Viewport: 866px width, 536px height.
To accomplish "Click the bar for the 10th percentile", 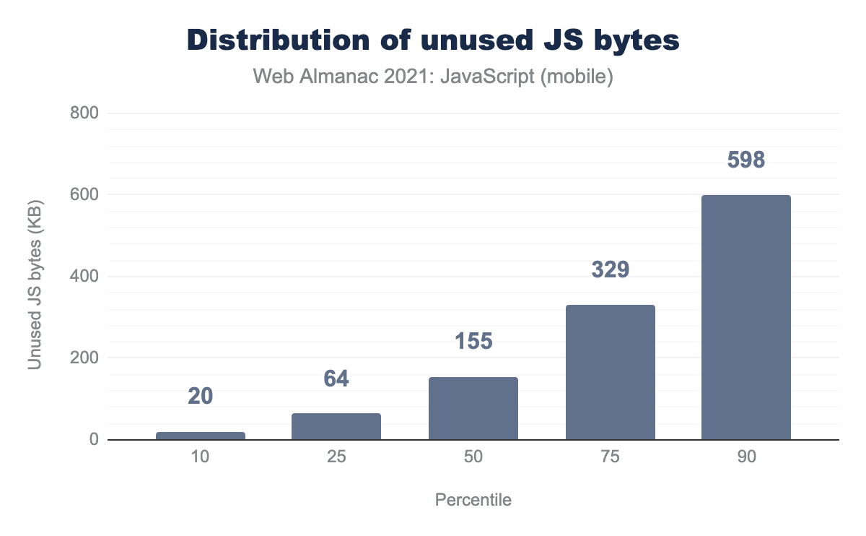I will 201,436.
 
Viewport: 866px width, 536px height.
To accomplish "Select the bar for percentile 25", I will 336,426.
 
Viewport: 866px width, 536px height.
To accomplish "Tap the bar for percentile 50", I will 473,408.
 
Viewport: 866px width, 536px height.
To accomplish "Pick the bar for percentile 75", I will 610,372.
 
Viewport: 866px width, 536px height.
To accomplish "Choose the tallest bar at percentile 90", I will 746,317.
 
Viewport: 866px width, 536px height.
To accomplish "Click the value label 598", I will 746,160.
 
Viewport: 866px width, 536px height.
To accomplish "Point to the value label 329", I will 610,269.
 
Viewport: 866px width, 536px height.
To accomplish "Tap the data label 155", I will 473,341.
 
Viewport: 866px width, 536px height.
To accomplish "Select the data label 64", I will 336,378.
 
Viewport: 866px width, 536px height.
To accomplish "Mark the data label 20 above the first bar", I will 201,396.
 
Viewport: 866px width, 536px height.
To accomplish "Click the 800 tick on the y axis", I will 84,113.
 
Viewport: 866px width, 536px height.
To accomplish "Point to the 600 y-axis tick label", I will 84,195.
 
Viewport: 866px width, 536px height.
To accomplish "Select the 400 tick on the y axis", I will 84,277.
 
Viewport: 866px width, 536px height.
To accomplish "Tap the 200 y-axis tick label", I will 84,358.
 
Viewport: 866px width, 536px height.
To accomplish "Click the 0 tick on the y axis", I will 94,440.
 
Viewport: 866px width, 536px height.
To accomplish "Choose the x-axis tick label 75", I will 610,458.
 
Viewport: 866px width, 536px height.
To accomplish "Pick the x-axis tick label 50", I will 473,458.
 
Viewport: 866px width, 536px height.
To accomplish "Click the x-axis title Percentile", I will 473,500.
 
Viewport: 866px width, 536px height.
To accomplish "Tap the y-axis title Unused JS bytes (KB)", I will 34,277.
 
